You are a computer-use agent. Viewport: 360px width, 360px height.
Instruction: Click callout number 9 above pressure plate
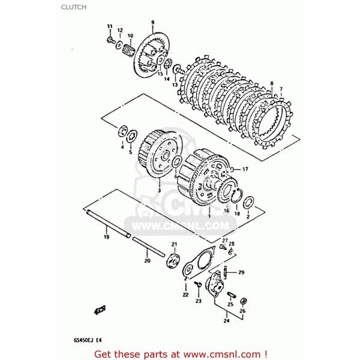coord(152,22)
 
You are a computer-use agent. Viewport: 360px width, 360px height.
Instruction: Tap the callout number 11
coord(109,26)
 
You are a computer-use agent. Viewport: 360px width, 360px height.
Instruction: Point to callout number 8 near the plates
coord(271,83)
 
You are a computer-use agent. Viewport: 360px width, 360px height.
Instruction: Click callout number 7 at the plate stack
coord(280,89)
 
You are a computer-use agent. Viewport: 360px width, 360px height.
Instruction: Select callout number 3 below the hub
coord(160,190)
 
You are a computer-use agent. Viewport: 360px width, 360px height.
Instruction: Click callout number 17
coord(245,170)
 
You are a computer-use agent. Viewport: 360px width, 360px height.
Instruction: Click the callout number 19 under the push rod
coord(106,238)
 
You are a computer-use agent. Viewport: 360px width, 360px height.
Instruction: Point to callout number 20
coord(147,261)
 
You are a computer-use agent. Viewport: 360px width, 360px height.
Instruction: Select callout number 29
coord(241,272)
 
